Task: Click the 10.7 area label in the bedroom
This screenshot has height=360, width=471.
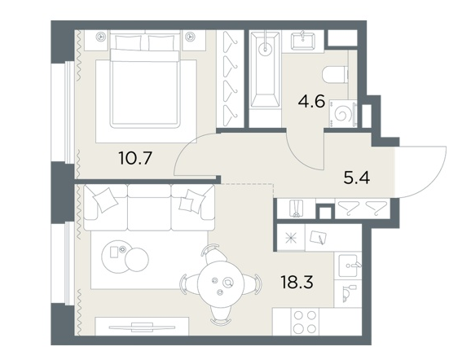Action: pyautogui.click(x=136, y=158)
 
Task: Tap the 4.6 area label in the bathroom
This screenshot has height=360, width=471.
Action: pyautogui.click(x=311, y=102)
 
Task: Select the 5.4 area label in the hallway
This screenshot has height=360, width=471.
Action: pyautogui.click(x=357, y=178)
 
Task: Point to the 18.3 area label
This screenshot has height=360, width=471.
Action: pyautogui.click(x=297, y=283)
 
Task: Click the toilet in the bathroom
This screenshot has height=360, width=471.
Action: pyautogui.click(x=335, y=74)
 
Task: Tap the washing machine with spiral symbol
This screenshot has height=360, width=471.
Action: pyautogui.click(x=343, y=114)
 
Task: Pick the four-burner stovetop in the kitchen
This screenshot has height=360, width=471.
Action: pyautogui.click(x=306, y=321)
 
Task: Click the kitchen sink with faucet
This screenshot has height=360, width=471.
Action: pyautogui.click(x=348, y=266)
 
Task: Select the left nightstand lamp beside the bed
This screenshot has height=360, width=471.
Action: pyautogui.click(x=100, y=37)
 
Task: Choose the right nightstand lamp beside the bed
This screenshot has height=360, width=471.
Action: pyautogui.click(x=190, y=37)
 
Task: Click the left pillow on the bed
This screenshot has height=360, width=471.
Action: pyautogui.click(x=128, y=43)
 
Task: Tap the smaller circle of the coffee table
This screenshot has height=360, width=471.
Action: pyautogui.click(x=137, y=260)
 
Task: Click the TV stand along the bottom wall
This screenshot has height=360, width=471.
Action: pyautogui.click(x=142, y=326)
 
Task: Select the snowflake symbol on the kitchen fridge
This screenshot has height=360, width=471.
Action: pyautogui.click(x=291, y=238)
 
